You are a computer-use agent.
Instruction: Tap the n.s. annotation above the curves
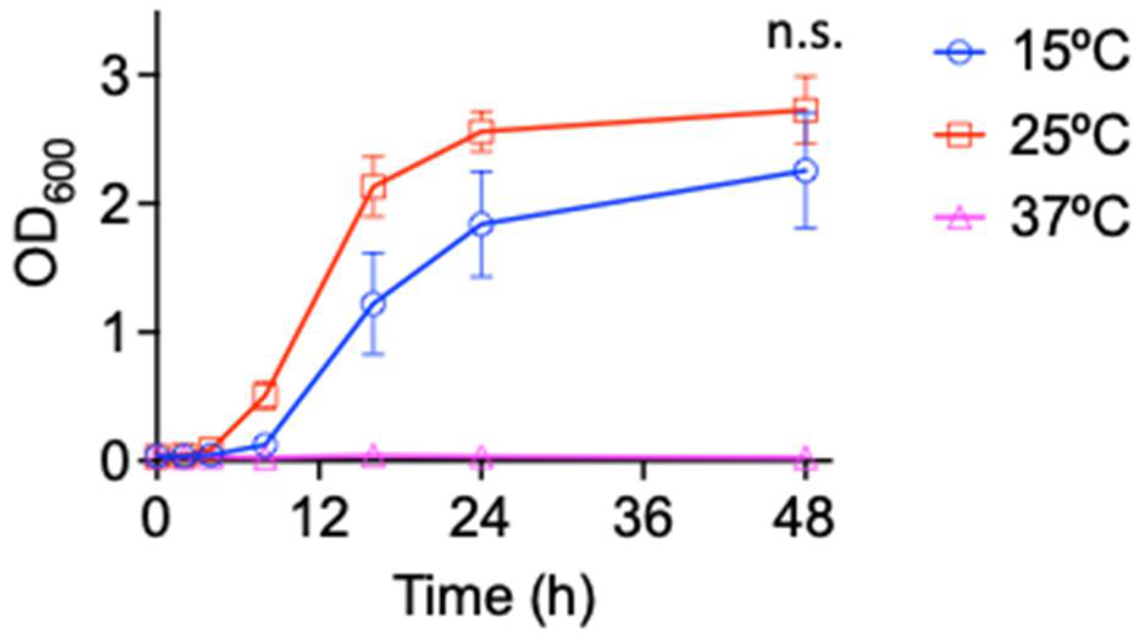(804, 35)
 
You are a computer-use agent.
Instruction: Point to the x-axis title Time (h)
(493, 594)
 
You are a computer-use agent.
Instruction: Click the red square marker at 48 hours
(806, 110)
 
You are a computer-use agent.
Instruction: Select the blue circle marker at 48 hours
(806, 171)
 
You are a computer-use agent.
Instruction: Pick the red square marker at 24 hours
(481, 131)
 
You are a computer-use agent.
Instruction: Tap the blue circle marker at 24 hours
(481, 224)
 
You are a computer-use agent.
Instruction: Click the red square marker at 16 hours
(373, 187)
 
